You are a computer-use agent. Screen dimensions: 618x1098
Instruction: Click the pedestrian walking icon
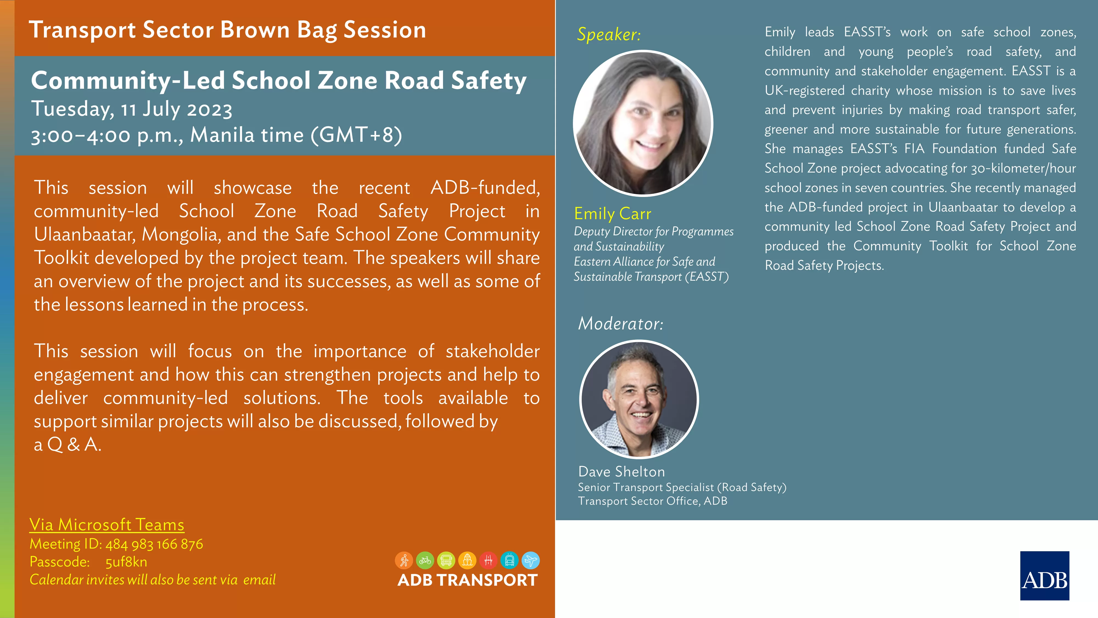click(404, 560)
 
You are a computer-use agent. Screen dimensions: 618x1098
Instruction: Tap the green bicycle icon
click(425, 560)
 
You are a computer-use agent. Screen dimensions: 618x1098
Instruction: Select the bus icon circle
click(446, 560)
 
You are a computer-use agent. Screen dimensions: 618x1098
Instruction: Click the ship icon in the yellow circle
click(467, 560)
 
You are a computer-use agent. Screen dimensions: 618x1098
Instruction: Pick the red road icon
click(489, 560)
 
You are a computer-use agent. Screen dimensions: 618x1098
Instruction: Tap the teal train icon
click(509, 560)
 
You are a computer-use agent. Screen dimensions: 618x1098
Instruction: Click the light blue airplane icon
click(531, 560)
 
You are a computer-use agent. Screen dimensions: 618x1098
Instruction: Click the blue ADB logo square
click(1044, 576)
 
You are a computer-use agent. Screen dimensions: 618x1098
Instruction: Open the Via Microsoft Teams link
click(107, 525)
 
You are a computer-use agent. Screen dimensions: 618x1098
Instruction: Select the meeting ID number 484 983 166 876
click(154, 544)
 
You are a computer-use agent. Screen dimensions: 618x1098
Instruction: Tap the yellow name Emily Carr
click(612, 213)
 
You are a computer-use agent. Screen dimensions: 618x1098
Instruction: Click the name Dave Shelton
click(621, 471)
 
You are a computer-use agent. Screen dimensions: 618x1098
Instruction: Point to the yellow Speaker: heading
click(609, 34)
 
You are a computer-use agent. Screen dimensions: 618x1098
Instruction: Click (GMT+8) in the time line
click(356, 135)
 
